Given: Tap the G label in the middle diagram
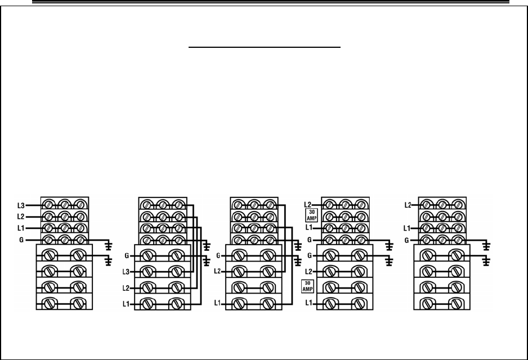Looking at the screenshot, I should (x=218, y=256).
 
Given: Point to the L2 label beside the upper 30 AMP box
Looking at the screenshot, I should (x=308, y=205).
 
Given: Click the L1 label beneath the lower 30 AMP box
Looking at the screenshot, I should (x=308, y=304).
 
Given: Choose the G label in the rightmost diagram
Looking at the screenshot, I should (x=408, y=240).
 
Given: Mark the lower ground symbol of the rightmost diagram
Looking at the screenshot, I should (x=487, y=260).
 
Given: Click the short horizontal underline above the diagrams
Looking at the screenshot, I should (x=265, y=48).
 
